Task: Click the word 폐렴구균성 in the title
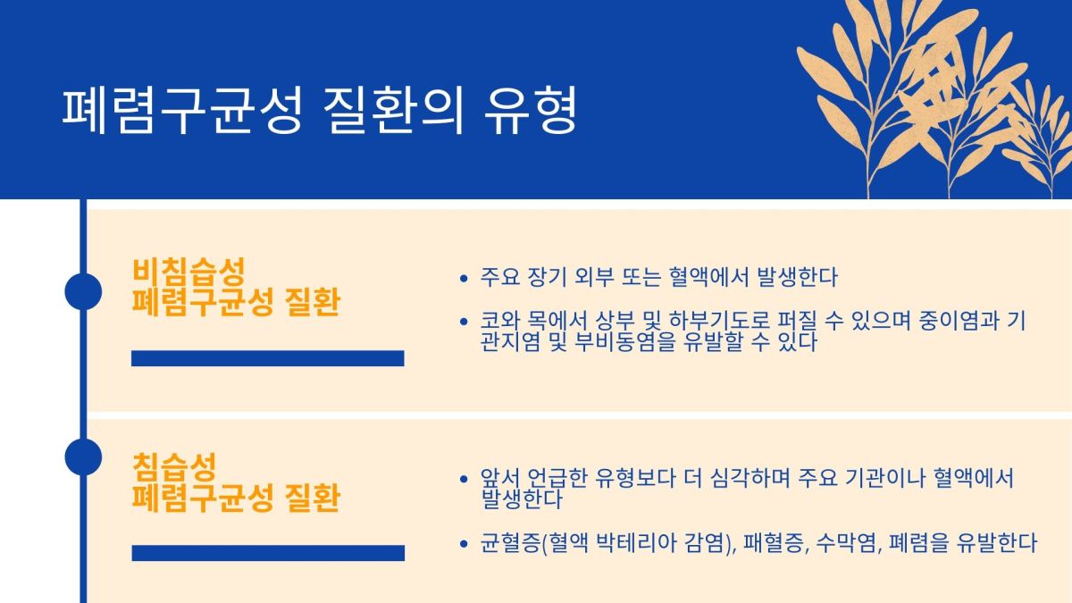[x=183, y=110]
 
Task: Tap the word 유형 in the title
[x=531, y=110]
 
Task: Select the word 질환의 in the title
[x=394, y=110]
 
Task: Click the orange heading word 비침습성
[x=188, y=272]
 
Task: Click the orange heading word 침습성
[x=174, y=467]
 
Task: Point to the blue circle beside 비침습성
[x=83, y=291]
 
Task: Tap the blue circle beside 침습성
[x=83, y=457]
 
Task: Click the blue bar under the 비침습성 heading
[x=268, y=358]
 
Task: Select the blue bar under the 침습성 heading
[x=268, y=553]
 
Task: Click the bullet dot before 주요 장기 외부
[x=464, y=278]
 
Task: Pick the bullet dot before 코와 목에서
[x=464, y=322]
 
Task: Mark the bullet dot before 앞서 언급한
[x=464, y=479]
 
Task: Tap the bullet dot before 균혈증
[x=464, y=544]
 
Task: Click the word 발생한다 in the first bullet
[x=797, y=277]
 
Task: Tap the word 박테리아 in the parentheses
[x=636, y=543]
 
